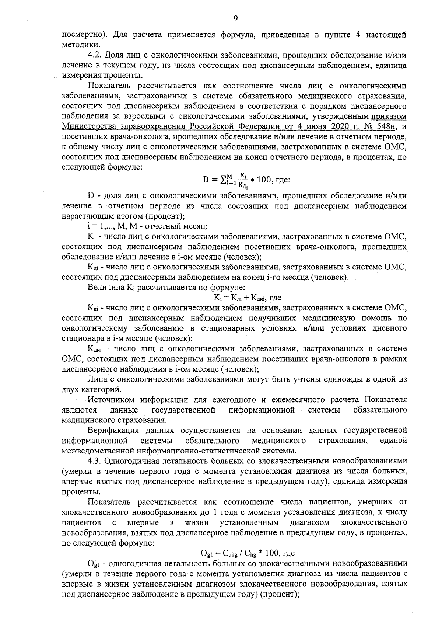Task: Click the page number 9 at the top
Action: point(235,18)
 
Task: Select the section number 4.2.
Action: point(95,55)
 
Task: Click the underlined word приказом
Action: point(389,116)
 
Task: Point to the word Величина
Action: point(105,287)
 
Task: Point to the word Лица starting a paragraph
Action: point(97,379)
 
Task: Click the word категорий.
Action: point(102,389)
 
